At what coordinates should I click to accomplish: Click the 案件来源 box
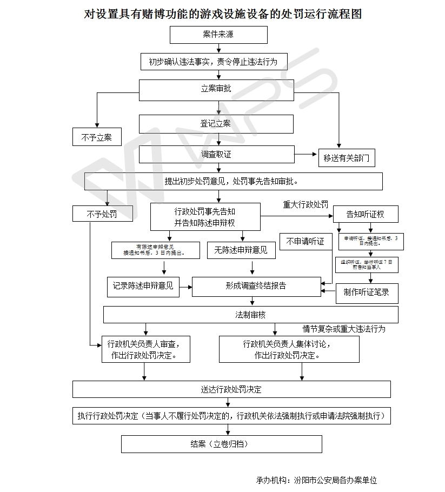click(218, 35)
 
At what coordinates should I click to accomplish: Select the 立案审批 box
click(216, 89)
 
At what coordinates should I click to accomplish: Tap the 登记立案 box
click(216, 124)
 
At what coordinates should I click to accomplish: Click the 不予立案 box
click(97, 137)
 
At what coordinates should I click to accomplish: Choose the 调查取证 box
click(216, 154)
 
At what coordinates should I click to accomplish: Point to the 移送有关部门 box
click(346, 158)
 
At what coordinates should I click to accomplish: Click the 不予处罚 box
click(102, 214)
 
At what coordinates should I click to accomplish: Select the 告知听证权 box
click(366, 214)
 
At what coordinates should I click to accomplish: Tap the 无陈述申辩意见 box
click(241, 250)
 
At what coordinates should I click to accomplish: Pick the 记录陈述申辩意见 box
click(143, 286)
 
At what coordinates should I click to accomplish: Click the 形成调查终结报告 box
click(256, 286)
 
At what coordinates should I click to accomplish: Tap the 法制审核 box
click(250, 315)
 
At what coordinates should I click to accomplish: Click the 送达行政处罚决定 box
click(231, 389)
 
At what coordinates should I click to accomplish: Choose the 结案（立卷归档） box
click(221, 444)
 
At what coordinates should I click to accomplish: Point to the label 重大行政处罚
click(305, 205)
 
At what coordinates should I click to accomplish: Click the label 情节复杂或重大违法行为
click(344, 329)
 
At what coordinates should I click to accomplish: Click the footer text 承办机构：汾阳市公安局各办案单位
click(316, 480)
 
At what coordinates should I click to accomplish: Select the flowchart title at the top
click(223, 14)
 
